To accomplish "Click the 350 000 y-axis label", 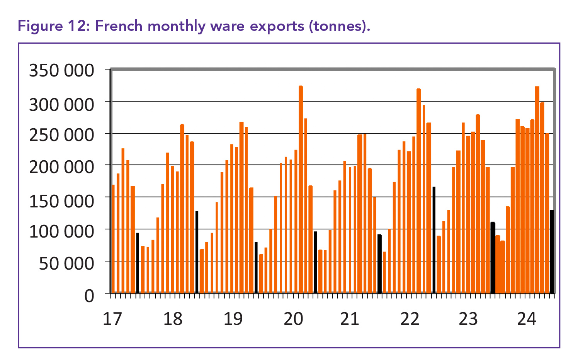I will [61, 71].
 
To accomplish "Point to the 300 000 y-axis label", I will [61, 104].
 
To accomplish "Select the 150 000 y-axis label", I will [61, 201].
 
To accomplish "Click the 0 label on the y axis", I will [89, 296].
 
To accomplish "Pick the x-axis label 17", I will [112, 319].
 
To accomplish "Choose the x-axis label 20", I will [293, 319].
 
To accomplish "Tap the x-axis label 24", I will [527, 319].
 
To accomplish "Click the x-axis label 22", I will [410, 319].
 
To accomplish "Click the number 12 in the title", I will [80, 26].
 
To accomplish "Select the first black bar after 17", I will [138, 263].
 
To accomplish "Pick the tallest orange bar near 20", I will [301, 189].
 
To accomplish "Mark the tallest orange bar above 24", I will [537, 189].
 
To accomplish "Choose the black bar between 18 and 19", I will [197, 252].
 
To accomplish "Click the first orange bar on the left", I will [113, 238].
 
